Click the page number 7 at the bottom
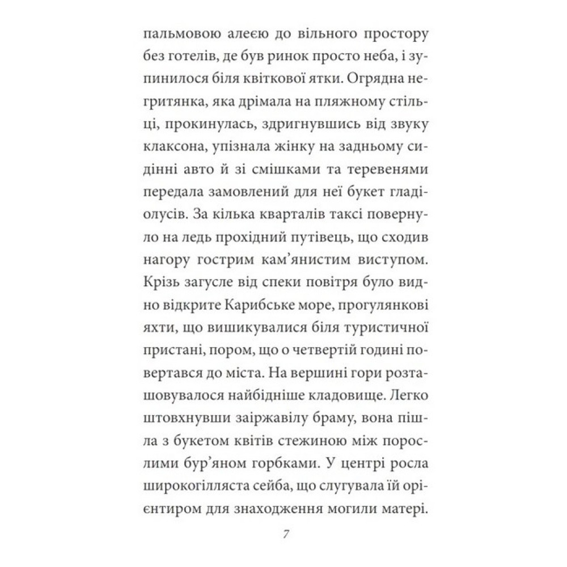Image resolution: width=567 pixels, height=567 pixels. pos(285,535)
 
